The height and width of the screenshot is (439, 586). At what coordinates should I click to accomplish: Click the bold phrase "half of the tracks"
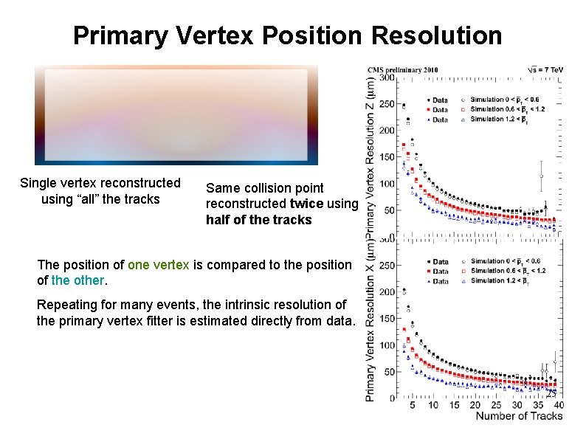pyautogui.click(x=259, y=220)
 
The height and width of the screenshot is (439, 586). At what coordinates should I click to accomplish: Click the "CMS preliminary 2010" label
pyautogui.click(x=403, y=70)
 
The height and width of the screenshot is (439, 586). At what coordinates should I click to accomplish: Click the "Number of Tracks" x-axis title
pyautogui.click(x=519, y=416)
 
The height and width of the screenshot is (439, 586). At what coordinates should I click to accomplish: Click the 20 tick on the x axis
pyautogui.click(x=475, y=404)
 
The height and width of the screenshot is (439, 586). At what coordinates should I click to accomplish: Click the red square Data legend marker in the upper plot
pyautogui.click(x=429, y=109)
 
